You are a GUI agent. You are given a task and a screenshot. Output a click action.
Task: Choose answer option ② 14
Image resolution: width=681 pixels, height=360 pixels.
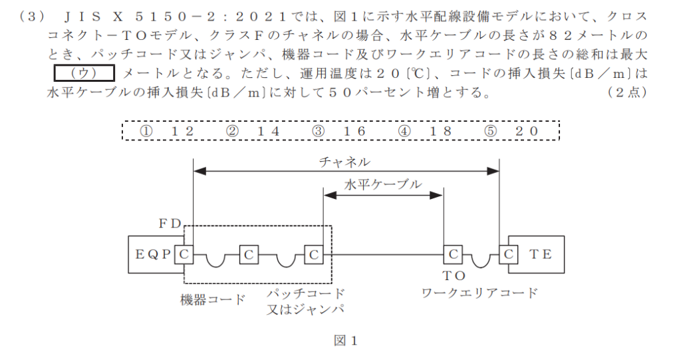pyautogui.click(x=253, y=131)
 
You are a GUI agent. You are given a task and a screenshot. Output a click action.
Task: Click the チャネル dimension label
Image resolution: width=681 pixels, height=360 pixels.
pyautogui.click(x=344, y=162)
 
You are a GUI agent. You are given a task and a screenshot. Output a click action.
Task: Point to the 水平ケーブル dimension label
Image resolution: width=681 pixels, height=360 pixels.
pyautogui.click(x=382, y=185)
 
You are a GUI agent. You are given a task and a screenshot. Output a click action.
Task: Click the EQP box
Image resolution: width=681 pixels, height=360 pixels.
pyautogui.click(x=151, y=254)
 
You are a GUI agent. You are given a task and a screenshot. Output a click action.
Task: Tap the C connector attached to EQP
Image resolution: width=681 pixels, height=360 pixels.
pyautogui.click(x=184, y=254)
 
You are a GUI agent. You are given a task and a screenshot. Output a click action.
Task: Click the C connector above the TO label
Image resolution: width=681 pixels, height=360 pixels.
pyautogui.click(x=452, y=254)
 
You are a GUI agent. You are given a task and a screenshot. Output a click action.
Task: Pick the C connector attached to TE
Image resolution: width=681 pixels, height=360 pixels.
pyautogui.click(x=508, y=254)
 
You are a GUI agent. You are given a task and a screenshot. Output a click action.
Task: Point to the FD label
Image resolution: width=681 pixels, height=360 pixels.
pyautogui.click(x=169, y=224)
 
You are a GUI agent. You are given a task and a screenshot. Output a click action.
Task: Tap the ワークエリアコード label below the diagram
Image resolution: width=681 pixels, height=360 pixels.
pyautogui.click(x=479, y=293)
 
